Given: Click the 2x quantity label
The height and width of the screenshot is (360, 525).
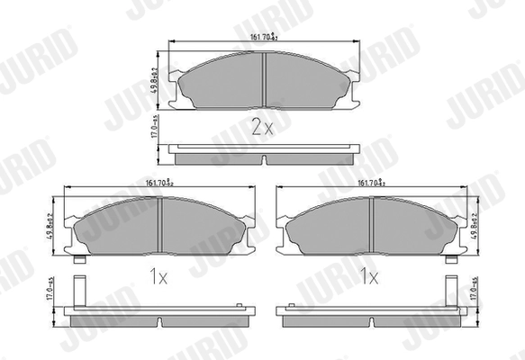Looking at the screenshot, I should [x=262, y=127].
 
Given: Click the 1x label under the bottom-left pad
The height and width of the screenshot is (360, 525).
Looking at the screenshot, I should [x=159, y=278].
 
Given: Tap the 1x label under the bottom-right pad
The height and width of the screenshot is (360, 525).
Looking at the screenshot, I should [x=368, y=278].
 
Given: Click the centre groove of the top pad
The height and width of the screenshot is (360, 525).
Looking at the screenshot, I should [x=262, y=79].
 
